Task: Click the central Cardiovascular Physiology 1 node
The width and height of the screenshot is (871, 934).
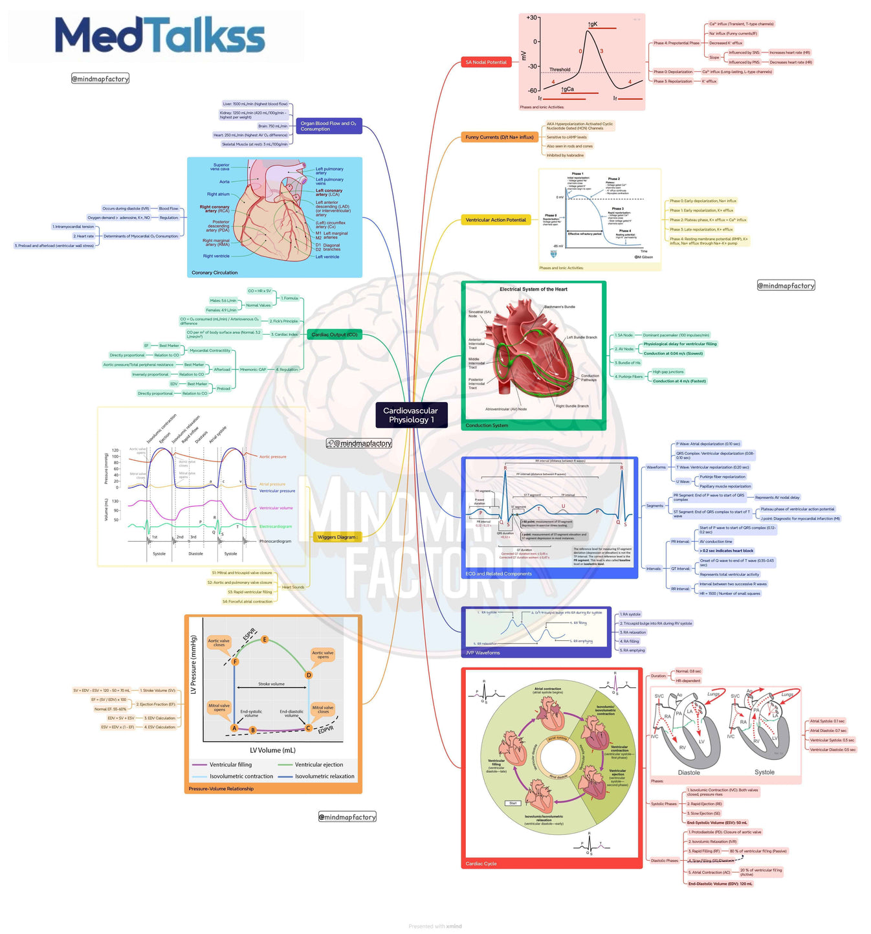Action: point(410,415)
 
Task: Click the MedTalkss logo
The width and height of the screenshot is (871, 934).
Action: point(160,36)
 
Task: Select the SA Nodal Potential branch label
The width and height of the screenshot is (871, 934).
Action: point(486,62)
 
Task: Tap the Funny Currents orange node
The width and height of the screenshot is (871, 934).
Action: point(499,137)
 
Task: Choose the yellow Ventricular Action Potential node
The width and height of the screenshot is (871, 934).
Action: point(496,220)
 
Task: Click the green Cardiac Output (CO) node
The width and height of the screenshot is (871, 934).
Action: point(334,335)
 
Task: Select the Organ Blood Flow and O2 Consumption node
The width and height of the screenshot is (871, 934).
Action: point(328,126)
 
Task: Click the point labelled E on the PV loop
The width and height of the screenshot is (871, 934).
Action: point(265,639)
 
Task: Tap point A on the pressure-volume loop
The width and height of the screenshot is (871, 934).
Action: point(234,728)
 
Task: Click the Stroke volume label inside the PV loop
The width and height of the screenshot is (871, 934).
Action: point(271,684)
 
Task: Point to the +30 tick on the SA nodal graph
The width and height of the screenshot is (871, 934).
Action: point(531,18)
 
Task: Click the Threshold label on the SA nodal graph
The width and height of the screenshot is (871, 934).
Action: point(560,69)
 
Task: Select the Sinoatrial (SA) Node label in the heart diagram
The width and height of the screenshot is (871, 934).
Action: point(480,314)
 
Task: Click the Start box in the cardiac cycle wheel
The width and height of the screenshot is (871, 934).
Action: point(513,803)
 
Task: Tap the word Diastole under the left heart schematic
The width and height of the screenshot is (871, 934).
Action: point(689,772)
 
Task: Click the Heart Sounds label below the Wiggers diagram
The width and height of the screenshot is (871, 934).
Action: point(292,587)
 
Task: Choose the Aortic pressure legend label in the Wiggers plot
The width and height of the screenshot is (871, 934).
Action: point(272,457)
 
